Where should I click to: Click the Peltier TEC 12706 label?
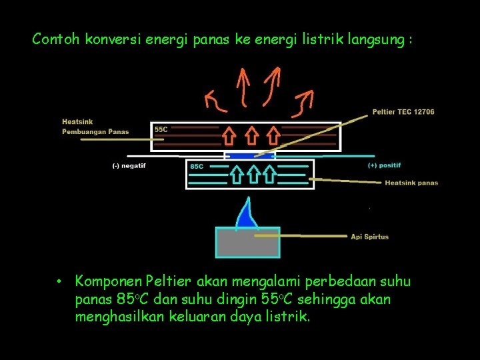403,111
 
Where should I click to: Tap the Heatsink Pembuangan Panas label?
95,127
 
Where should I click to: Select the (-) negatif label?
127,166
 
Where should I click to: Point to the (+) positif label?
385,165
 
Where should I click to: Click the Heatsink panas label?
411,183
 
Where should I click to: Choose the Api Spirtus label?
370,237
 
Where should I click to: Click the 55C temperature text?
161,129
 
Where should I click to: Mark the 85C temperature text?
197,166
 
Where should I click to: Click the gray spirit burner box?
247,243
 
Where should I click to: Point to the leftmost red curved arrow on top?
215,101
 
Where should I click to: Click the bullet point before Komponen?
59,281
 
